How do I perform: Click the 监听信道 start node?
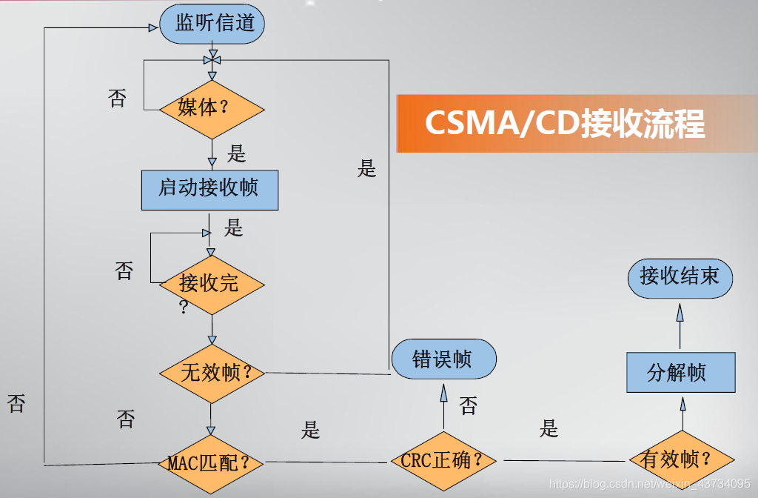pos(212,24)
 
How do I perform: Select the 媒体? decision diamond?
pos(212,108)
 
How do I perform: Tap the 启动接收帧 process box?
pos(209,190)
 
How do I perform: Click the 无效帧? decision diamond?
pos(212,373)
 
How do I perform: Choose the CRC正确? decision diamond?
pos(444,461)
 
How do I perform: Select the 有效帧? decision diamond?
pos(680,460)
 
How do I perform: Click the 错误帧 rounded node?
pos(443,360)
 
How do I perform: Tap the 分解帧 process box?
pos(680,373)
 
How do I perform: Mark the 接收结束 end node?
pos(680,278)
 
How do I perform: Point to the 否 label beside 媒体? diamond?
pos(117,99)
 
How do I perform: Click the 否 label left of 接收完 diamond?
pos(124,270)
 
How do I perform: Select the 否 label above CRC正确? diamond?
pos(469,405)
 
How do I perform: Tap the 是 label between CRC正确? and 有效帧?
pos(549,428)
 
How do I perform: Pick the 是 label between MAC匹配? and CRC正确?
pos(311,431)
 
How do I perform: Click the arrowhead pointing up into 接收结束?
pos(680,311)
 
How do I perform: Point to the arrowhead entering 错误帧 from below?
pos(444,393)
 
